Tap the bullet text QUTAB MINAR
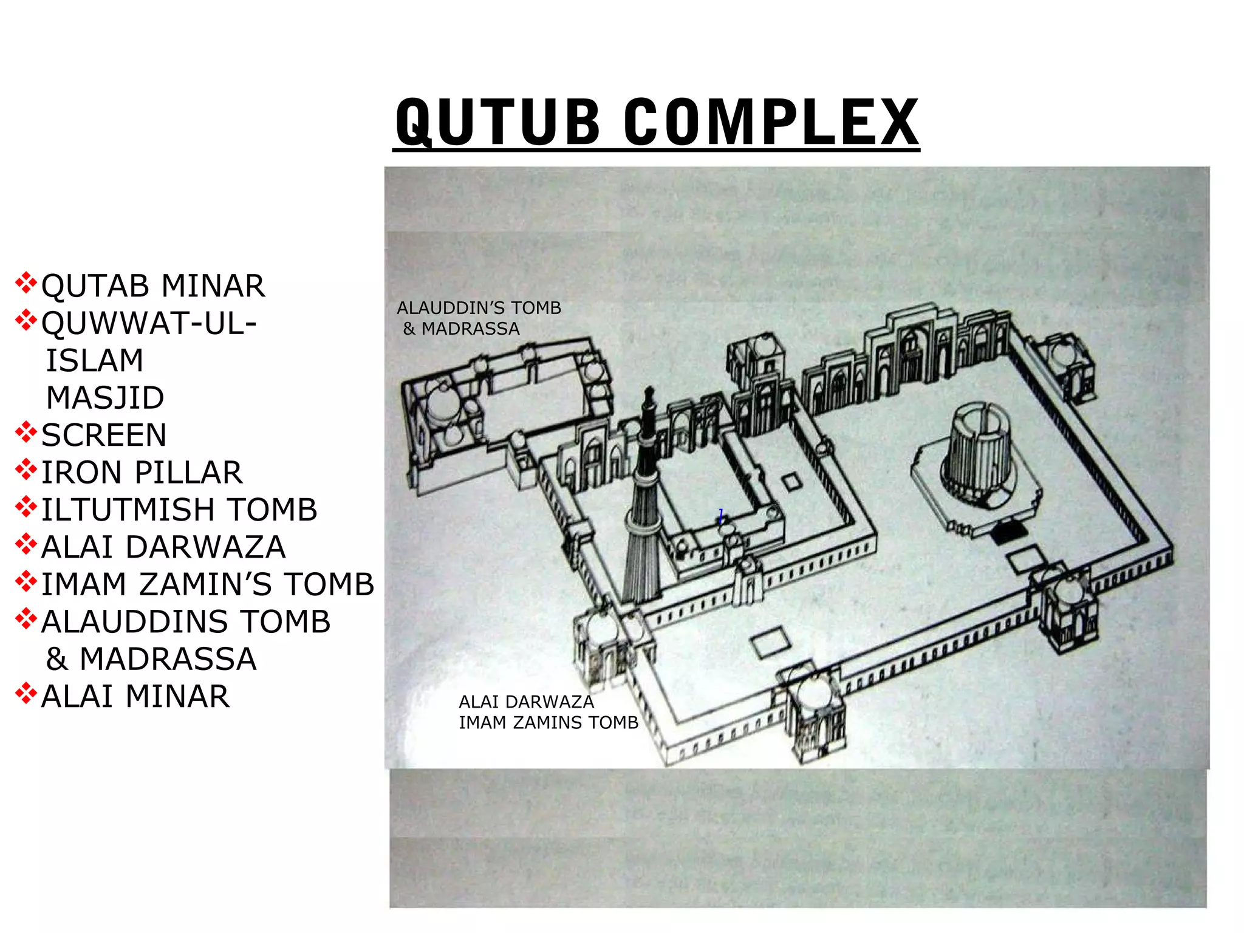point(152,286)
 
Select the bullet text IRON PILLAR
point(142,473)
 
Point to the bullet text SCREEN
point(104,436)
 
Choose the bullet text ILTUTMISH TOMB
point(179,510)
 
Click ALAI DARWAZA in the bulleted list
point(163,547)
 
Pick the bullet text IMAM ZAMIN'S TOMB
point(208,584)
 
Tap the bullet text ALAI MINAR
point(135,697)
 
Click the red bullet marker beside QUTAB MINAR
point(26,283)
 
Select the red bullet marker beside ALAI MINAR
point(26,693)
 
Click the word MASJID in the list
point(105,398)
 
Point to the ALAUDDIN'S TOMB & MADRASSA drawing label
point(479,318)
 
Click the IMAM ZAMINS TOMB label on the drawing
point(549,723)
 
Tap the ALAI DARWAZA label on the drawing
point(526,702)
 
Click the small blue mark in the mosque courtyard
point(721,516)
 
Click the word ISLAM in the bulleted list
point(95,361)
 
